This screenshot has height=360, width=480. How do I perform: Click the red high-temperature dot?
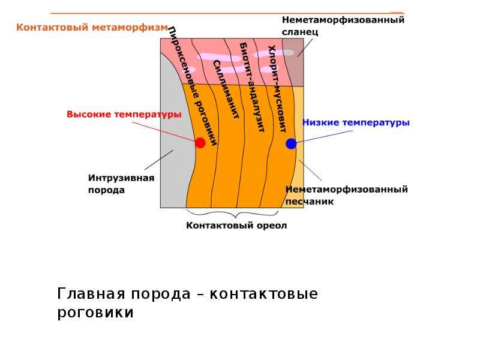click(200, 143)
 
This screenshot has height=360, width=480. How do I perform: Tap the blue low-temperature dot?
click(291, 143)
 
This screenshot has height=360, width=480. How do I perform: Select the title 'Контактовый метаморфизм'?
click(92, 27)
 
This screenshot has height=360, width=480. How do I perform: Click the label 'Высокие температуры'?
click(124, 115)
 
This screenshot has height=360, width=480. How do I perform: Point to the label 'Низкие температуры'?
click(356, 122)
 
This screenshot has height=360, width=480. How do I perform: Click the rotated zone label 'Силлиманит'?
click(226, 89)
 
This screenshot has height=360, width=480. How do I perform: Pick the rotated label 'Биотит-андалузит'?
click(251, 87)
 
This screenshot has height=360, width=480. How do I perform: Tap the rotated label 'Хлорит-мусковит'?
click(277, 89)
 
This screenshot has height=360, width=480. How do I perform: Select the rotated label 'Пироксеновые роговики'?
click(193, 86)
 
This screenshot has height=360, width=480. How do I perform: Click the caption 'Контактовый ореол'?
click(236, 226)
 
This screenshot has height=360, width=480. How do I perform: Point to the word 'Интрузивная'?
click(121, 178)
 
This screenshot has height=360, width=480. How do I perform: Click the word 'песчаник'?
click(310, 202)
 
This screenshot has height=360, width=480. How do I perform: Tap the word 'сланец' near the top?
click(300, 32)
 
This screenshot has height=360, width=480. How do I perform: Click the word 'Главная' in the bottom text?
click(91, 294)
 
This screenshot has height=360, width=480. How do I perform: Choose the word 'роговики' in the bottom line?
click(95, 313)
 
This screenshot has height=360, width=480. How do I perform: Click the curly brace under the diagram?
click(232, 214)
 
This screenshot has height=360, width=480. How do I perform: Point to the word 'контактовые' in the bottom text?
click(264, 295)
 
